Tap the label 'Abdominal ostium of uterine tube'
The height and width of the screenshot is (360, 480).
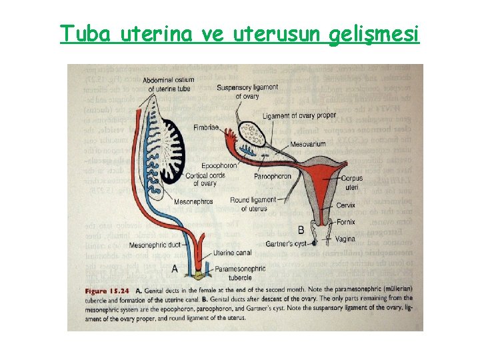(x=170, y=85)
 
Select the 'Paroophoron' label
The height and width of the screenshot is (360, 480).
(x=273, y=177)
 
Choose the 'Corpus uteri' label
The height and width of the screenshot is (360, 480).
(x=351, y=183)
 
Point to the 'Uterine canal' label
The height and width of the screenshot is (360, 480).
(x=235, y=253)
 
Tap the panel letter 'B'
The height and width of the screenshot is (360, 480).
(x=301, y=229)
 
